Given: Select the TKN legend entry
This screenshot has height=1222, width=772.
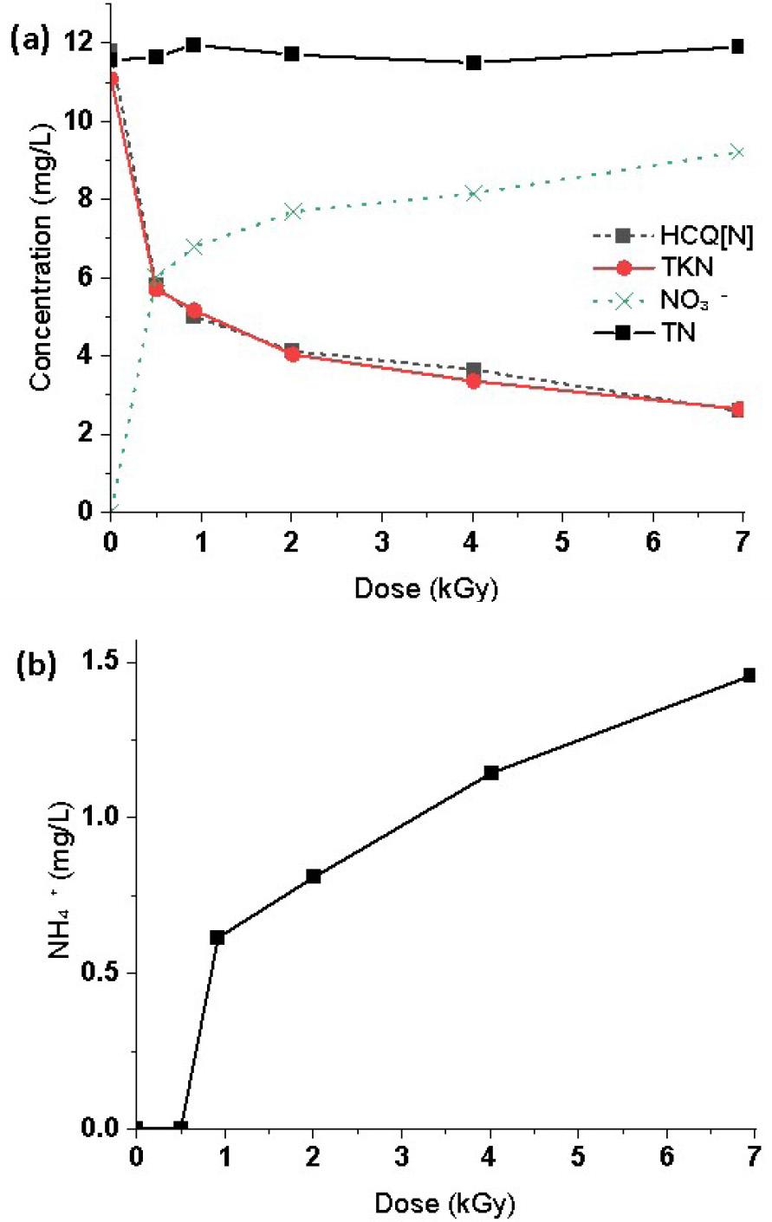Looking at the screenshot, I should pos(671,268).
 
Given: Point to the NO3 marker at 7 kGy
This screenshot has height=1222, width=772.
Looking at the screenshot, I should pos(737,152).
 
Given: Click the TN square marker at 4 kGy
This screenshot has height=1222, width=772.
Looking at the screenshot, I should pos(474,62).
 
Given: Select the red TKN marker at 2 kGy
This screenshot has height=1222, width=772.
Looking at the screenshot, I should pos(292,353).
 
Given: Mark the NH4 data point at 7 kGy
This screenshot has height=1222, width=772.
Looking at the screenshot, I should pos(749,675).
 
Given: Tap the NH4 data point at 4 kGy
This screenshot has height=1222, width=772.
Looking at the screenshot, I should pos(491,773).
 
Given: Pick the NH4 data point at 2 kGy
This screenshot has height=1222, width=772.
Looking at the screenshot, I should pos(314,876).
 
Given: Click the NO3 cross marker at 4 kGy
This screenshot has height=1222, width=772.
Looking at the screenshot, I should pos(474,192).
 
